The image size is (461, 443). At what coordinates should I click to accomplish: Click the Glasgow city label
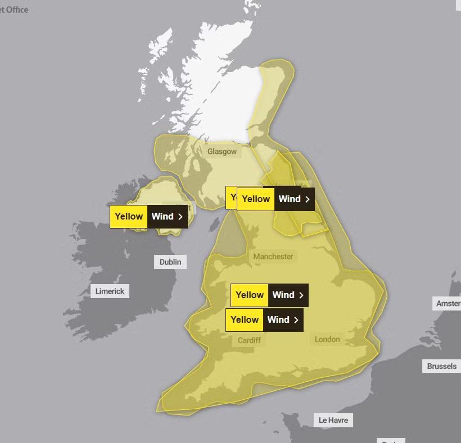click(x=222, y=152)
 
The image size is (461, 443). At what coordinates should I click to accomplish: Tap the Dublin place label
click(x=170, y=262)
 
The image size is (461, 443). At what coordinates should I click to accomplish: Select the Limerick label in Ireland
click(x=110, y=291)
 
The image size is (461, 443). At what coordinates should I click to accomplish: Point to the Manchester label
click(x=273, y=256)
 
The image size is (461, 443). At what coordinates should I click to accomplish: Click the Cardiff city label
click(x=249, y=340)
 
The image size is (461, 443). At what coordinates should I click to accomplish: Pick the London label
click(x=327, y=339)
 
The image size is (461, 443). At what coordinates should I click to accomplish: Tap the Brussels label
click(x=441, y=366)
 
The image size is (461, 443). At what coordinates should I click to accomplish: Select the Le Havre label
click(x=333, y=420)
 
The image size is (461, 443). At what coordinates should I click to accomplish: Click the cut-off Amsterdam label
click(x=448, y=303)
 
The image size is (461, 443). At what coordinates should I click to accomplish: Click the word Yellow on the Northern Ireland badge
click(x=129, y=216)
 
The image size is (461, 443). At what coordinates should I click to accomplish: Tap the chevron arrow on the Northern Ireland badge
click(x=180, y=216)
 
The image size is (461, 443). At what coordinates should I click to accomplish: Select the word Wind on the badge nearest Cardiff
click(x=278, y=319)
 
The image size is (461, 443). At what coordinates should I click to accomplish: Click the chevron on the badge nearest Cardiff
click(x=296, y=319)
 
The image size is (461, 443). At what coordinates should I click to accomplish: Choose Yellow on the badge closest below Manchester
click(x=250, y=295)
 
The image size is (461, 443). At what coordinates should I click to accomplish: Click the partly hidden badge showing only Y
click(x=231, y=197)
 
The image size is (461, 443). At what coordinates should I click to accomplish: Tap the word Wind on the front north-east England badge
click(x=290, y=199)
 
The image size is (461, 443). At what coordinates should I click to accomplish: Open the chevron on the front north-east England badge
click(x=308, y=199)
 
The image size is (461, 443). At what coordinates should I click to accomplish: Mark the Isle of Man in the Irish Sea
click(x=214, y=224)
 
